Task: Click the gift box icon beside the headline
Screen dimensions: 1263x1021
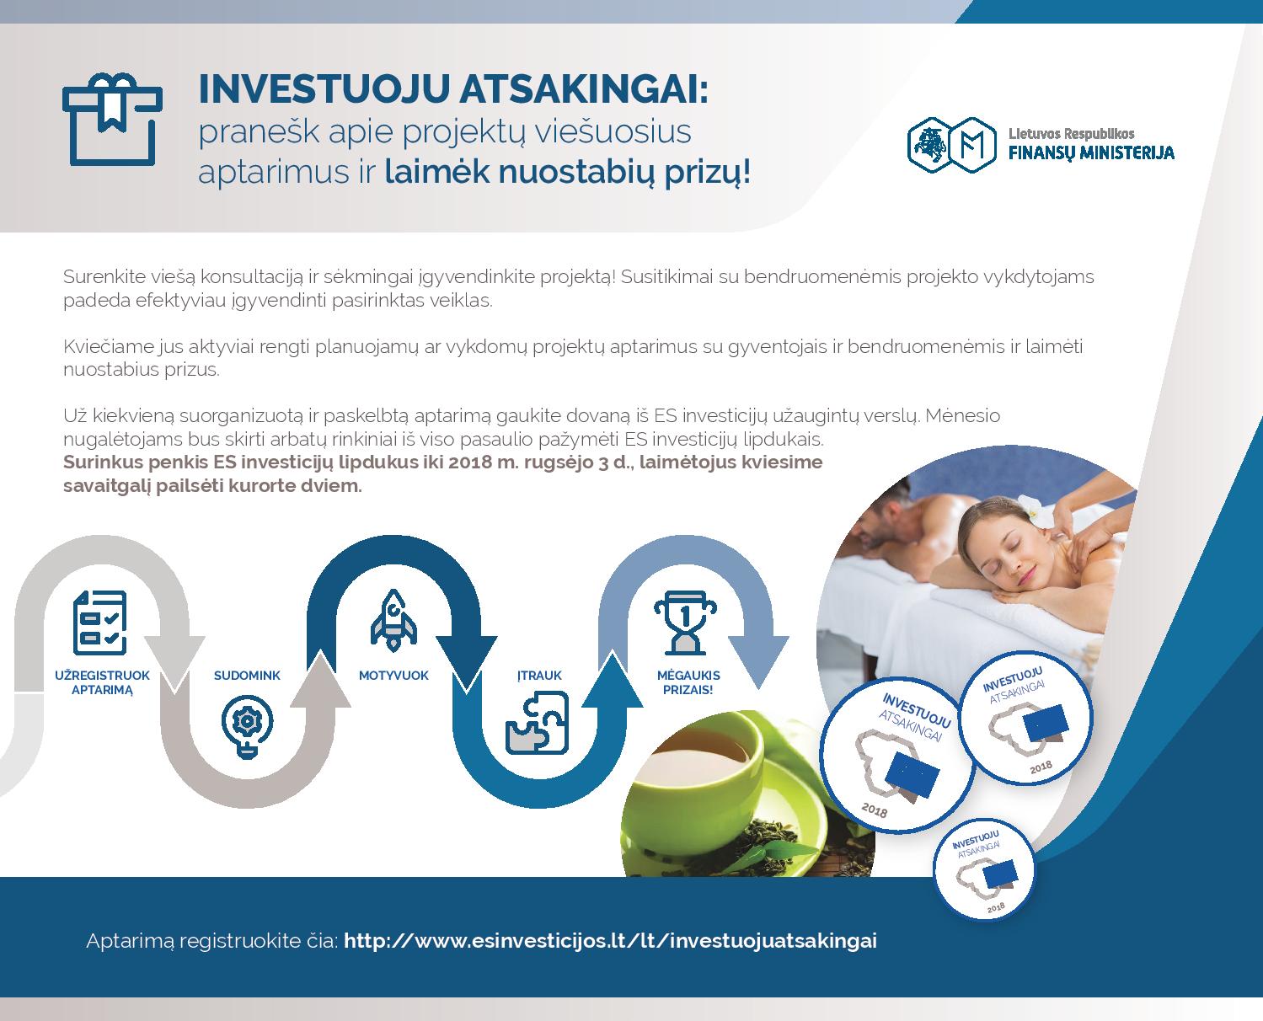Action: (112, 119)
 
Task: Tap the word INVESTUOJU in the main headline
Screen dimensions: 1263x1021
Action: (324, 89)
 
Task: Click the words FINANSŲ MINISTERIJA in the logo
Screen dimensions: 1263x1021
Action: (1091, 153)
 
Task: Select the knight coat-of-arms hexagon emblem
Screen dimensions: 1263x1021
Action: (929, 145)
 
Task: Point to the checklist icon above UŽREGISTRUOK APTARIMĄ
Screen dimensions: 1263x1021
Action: (99, 622)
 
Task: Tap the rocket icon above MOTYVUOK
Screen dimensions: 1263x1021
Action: (393, 620)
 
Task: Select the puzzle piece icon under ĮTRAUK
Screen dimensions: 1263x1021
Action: (538, 722)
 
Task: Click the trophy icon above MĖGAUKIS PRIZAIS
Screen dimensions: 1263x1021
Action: (686, 623)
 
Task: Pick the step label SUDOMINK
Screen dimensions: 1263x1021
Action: (247, 676)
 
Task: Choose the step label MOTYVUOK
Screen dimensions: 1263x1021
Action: (393, 676)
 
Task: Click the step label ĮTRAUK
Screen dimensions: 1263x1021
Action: (539, 675)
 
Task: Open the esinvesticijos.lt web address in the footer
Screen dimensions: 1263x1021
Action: (610, 941)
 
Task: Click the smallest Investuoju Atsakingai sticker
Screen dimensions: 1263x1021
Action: (983, 869)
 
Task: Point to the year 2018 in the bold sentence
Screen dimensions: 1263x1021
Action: (469, 462)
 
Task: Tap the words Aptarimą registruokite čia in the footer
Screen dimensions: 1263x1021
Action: (212, 942)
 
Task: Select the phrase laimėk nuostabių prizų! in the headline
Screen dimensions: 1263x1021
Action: (567, 172)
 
